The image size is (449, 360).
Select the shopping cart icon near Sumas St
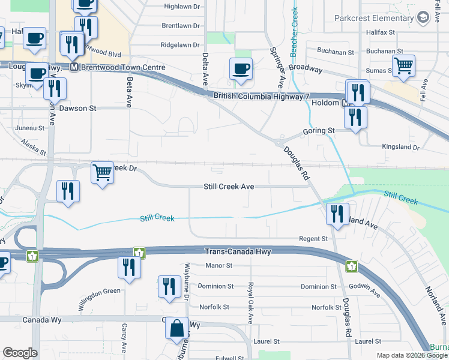404,65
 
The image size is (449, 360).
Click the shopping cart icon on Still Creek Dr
103,173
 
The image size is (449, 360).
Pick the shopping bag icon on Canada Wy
176,328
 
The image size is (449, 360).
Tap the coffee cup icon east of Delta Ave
241,68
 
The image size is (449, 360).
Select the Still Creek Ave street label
229,187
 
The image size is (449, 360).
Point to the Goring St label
319,130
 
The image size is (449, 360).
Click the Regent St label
313,239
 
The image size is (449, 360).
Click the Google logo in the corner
20,353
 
